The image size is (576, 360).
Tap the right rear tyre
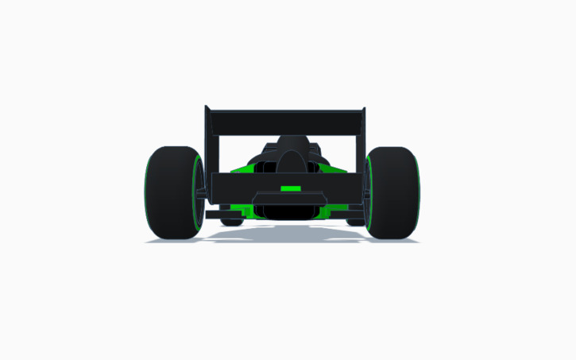(394, 192)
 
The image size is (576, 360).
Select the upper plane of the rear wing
(284, 122)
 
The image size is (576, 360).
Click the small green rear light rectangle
(290, 188)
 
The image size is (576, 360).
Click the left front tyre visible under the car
(231, 222)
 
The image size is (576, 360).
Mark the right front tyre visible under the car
(355, 222)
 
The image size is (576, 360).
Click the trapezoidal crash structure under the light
(288, 198)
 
